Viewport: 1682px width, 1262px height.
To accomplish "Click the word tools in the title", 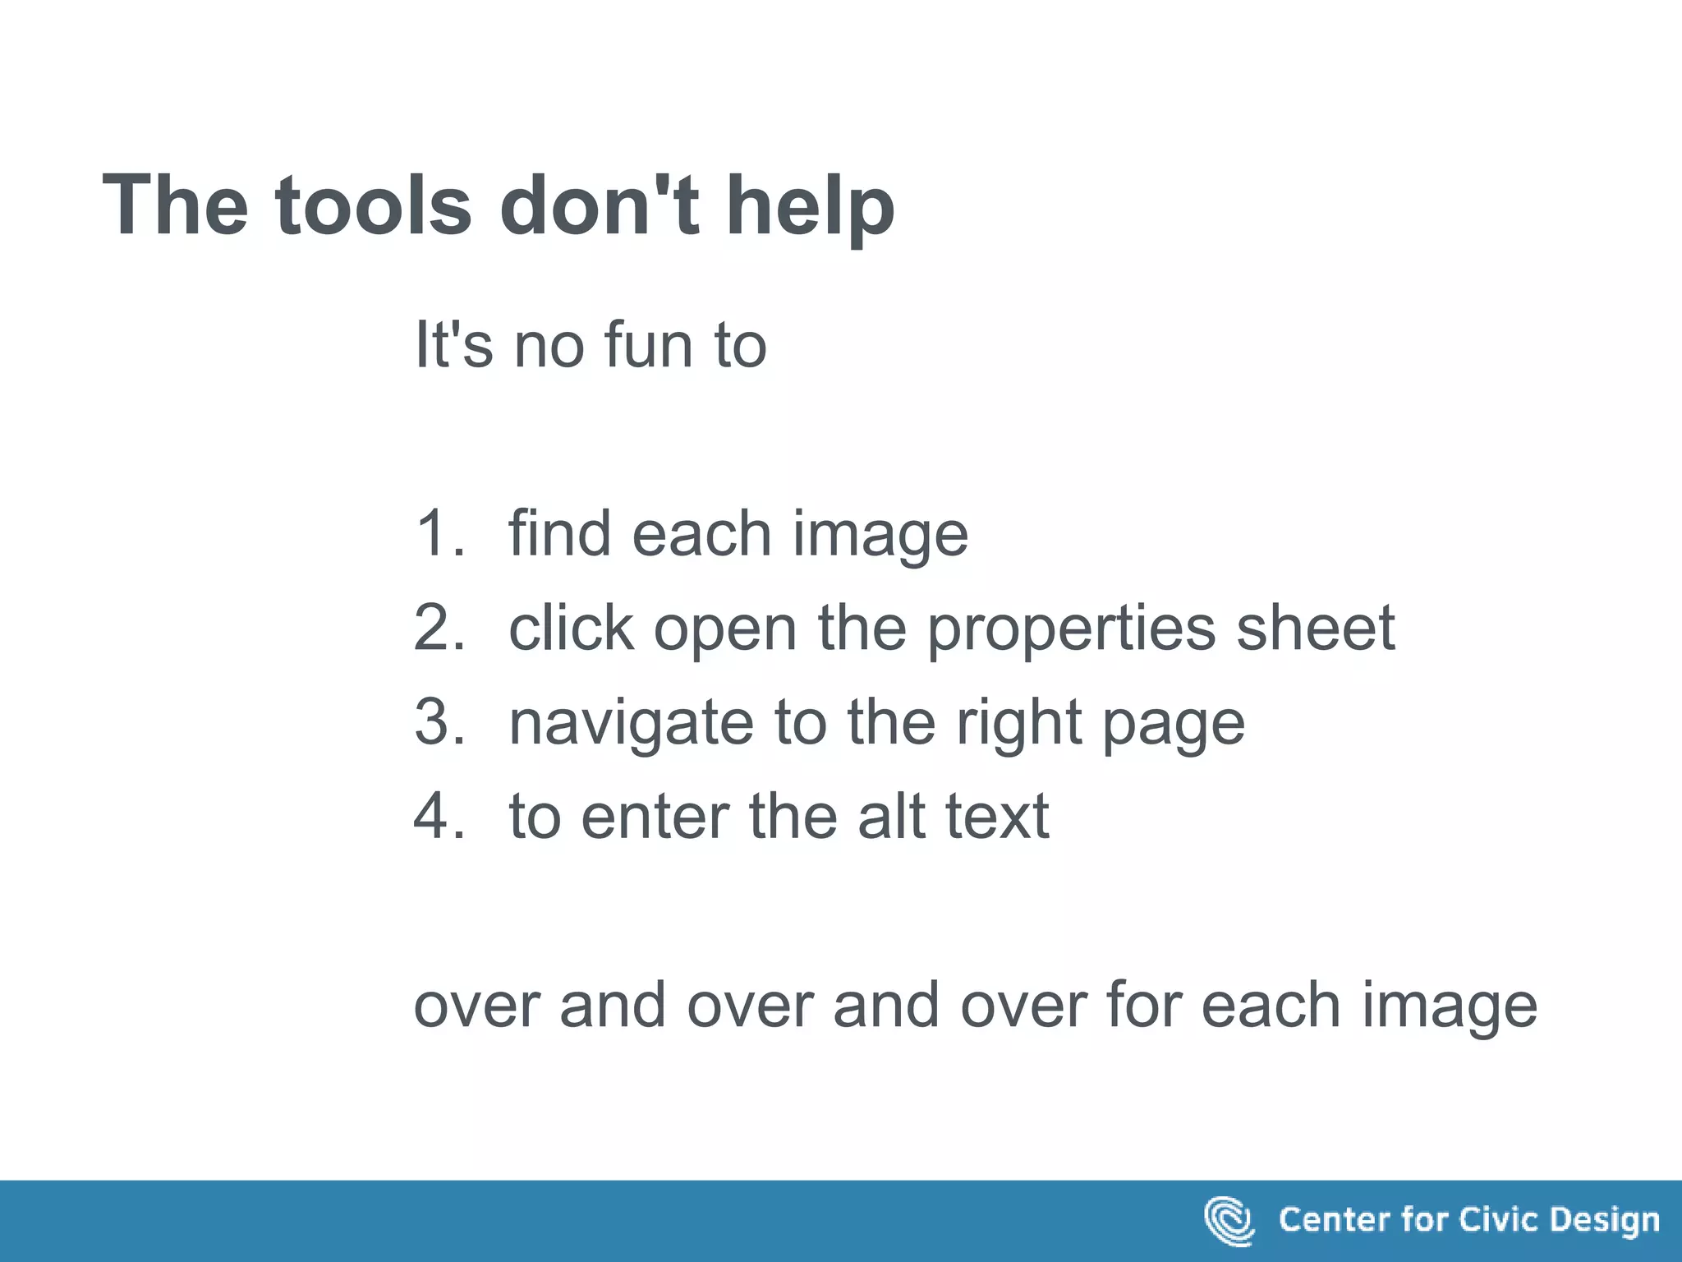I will (373, 205).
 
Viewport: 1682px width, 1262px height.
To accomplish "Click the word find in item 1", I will (559, 534).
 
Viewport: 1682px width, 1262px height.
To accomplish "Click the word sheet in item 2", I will (1316, 629).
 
